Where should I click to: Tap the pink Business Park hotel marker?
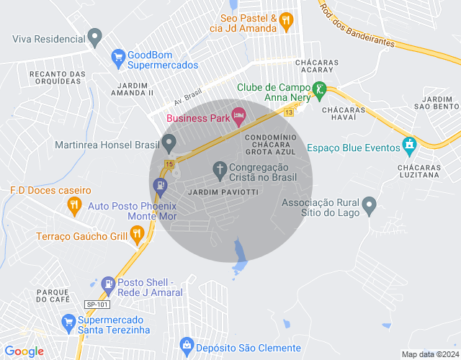click(x=239, y=115)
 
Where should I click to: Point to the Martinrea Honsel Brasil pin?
click(x=169, y=144)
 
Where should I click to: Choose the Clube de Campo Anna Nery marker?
click(x=318, y=91)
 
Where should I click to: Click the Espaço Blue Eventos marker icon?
click(x=410, y=145)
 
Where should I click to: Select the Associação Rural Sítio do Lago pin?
click(x=369, y=205)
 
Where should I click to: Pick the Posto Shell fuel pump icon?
click(x=108, y=284)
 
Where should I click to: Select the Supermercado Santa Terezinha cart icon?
click(x=69, y=321)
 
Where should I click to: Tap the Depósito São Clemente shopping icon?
click(x=187, y=346)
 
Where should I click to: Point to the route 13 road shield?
click(x=289, y=112)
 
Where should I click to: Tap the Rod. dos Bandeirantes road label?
click(x=357, y=27)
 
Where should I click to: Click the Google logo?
click(x=24, y=351)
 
